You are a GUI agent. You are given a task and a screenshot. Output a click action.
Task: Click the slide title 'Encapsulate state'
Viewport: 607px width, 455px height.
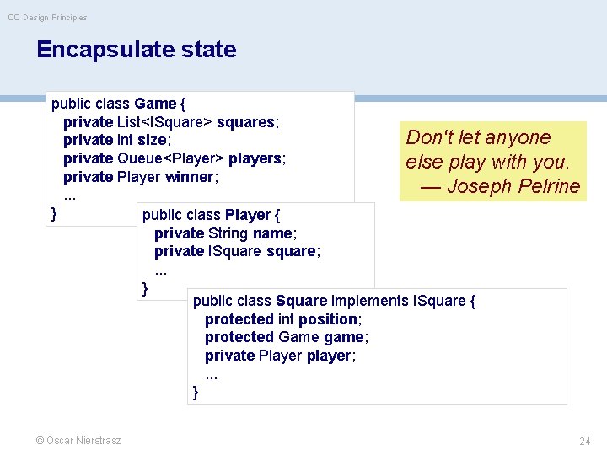[x=137, y=50]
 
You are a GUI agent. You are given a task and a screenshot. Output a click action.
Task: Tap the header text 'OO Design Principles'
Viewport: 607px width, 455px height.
[x=47, y=18]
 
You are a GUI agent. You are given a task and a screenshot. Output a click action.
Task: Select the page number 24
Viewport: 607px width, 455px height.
[x=585, y=441]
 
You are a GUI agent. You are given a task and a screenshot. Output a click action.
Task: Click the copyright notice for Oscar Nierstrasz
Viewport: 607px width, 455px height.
[x=78, y=441]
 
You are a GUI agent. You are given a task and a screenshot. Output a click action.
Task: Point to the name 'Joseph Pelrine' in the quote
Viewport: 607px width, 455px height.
[x=513, y=186]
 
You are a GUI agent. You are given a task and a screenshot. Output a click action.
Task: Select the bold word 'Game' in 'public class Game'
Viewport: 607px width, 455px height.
[x=154, y=104]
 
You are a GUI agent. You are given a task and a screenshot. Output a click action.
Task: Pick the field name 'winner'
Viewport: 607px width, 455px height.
[x=190, y=177]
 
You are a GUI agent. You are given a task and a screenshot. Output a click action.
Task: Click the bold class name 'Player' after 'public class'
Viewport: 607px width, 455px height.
[x=248, y=215]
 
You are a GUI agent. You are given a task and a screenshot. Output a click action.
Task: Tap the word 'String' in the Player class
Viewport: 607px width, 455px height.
[x=228, y=233]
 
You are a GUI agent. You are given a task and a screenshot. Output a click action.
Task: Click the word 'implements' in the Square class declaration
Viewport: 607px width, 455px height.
[x=369, y=301]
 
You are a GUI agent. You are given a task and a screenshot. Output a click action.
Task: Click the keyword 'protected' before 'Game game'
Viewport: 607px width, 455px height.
[x=239, y=337]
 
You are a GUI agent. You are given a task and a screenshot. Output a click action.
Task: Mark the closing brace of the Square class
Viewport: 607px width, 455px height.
[x=196, y=392]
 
